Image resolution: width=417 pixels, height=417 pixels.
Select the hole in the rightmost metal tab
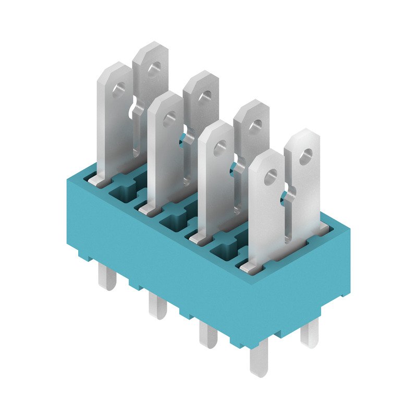click(306, 154)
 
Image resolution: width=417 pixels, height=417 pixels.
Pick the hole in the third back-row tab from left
click(255, 125)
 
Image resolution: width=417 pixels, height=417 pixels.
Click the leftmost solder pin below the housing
click(107, 276)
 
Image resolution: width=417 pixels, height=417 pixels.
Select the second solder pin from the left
click(157, 305)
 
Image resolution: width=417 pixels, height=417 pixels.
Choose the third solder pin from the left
click(207, 334)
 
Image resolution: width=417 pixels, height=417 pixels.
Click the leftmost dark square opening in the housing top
click(123, 190)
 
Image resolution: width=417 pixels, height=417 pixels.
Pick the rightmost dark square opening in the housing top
click(224, 248)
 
